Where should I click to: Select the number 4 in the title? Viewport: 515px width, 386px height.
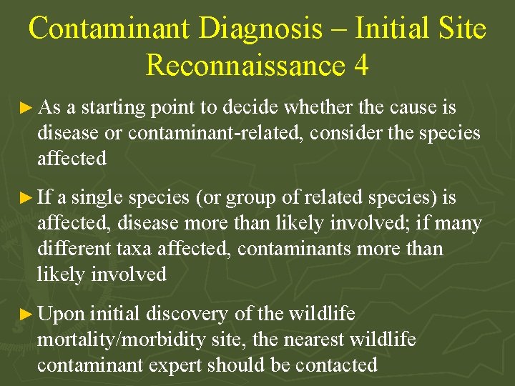(x=360, y=65)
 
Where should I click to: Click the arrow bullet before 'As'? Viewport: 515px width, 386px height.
(x=26, y=108)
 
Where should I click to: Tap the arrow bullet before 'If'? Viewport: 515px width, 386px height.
(x=26, y=198)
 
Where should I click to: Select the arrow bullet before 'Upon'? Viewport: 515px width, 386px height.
(x=26, y=314)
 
